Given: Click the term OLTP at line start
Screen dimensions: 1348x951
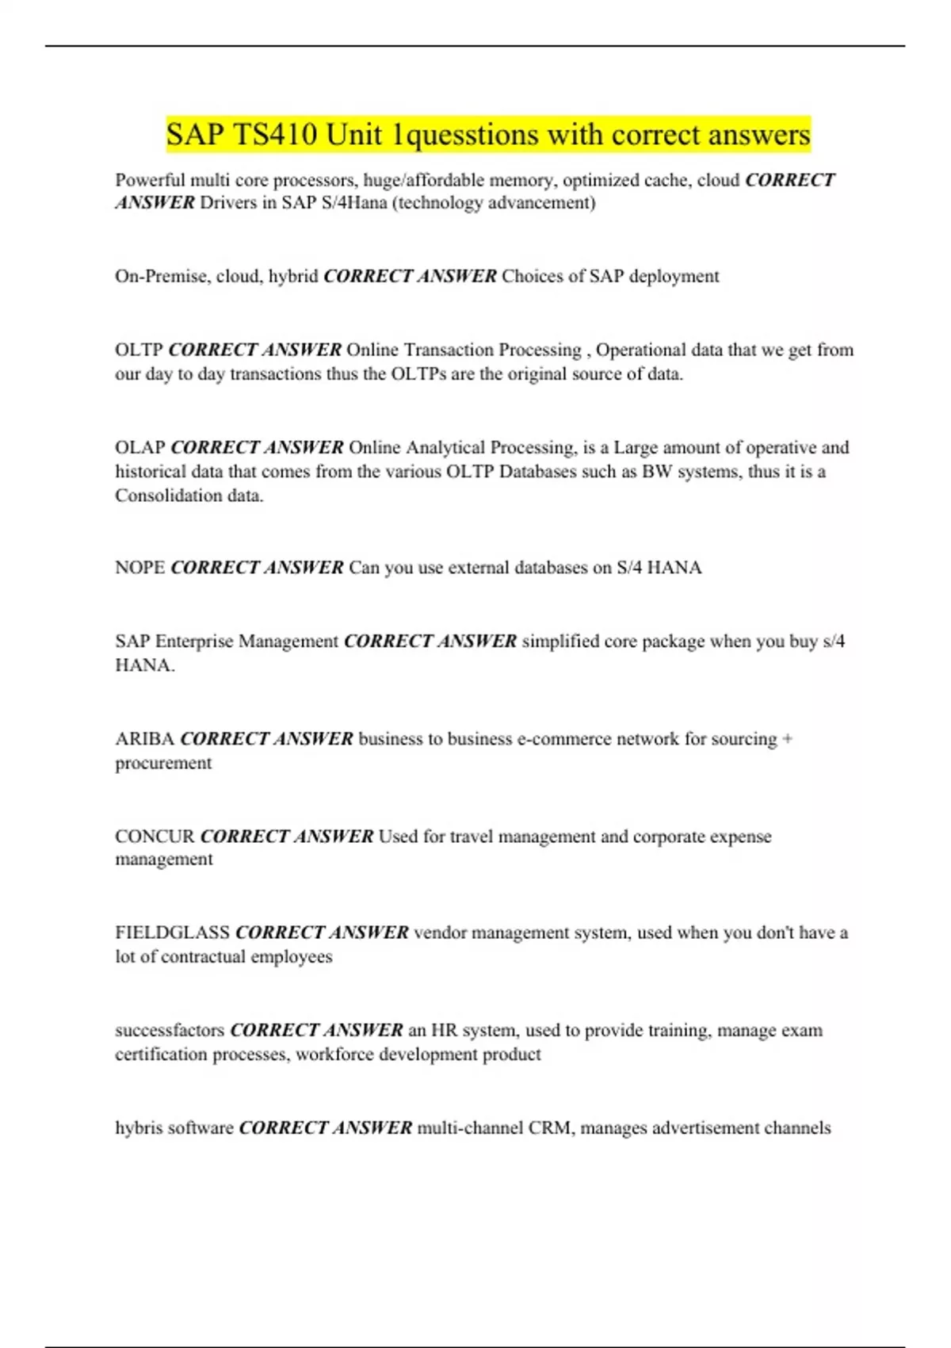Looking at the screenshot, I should click(139, 350).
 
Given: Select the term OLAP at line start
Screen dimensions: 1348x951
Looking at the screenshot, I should click(140, 447).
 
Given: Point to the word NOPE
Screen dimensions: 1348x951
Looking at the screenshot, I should click(140, 568).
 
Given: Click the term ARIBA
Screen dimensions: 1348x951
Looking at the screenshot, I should click(145, 739).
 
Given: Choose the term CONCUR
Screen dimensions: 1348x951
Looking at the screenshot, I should click(155, 837).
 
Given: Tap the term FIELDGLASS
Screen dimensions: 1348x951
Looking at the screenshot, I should click(172, 932).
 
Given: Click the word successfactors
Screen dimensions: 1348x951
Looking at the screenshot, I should click(170, 1030).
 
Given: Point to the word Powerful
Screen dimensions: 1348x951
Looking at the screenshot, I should click(150, 180).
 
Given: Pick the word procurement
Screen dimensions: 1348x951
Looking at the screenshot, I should click(163, 763).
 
